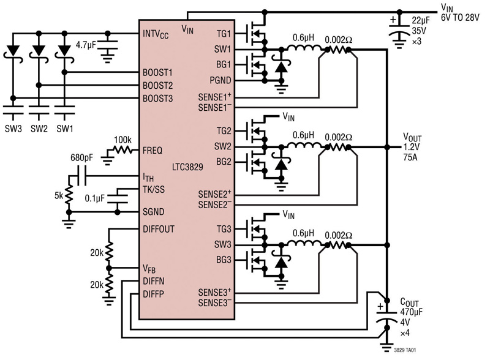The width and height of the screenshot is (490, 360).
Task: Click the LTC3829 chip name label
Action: (x=187, y=167)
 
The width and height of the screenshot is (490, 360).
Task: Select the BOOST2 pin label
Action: (x=157, y=86)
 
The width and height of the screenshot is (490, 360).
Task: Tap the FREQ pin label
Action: (x=153, y=151)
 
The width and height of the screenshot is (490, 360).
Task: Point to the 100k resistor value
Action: (x=123, y=140)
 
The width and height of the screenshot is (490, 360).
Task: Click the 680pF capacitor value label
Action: (x=82, y=157)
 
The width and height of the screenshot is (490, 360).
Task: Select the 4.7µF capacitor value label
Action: (x=86, y=45)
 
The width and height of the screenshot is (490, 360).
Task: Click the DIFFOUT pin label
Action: (x=159, y=229)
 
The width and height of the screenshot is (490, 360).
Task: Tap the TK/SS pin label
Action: (x=154, y=189)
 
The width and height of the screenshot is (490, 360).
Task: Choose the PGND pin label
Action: (x=221, y=80)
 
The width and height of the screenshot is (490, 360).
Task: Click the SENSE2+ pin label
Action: (x=215, y=193)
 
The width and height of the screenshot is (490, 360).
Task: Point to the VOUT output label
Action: (x=412, y=137)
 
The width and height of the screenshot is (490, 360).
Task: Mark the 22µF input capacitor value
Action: (x=421, y=20)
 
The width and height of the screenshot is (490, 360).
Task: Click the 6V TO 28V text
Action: (x=460, y=18)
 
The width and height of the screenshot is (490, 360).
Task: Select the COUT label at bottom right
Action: (x=409, y=302)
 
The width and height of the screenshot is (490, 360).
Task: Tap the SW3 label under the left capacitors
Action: (x=13, y=129)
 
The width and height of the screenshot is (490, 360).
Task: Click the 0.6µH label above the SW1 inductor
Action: (x=303, y=38)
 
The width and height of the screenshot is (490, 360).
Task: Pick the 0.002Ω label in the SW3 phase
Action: (x=339, y=235)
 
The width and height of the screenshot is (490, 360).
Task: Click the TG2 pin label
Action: (x=224, y=131)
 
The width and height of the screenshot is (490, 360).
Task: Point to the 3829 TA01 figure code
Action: (x=405, y=350)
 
